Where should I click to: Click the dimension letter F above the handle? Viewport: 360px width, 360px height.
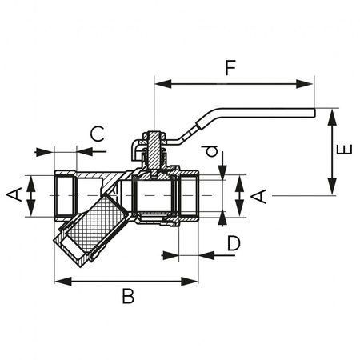point(230,68)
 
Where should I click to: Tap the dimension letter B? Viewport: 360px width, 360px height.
point(127,297)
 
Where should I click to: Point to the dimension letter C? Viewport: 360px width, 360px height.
point(96,133)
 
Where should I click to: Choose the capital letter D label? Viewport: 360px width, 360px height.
point(231,242)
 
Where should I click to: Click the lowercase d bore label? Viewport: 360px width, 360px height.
point(210,151)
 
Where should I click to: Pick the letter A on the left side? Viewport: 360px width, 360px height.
point(14,194)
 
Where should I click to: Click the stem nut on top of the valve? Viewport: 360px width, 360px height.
point(150,146)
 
